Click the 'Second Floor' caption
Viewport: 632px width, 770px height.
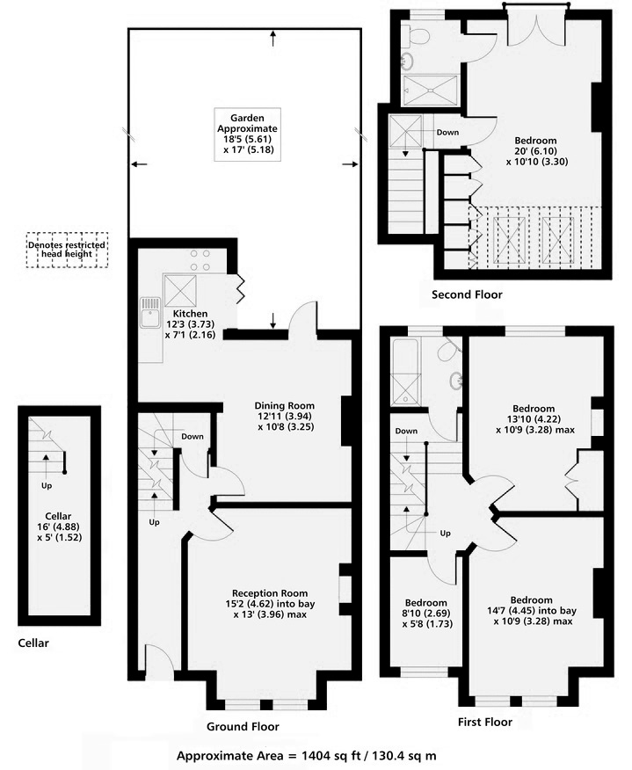pos(466,294)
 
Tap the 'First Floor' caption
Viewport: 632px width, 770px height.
pos(484,722)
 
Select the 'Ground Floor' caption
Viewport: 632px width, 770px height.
pos(243,727)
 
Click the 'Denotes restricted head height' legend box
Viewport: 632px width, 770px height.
pos(67,251)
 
